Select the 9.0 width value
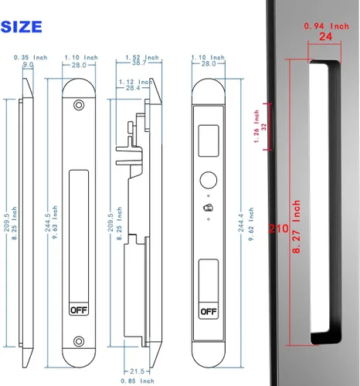28,66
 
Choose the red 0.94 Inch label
324,27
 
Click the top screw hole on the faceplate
78,106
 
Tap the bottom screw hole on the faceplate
78,341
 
